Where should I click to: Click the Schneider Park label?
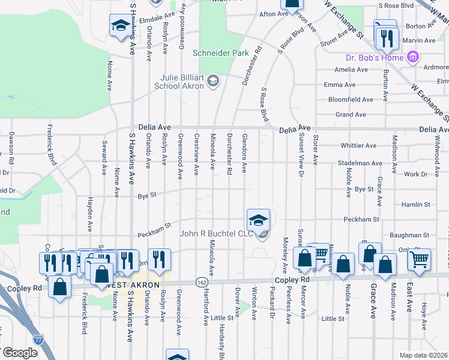[220, 53]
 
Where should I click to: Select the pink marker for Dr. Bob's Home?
[412, 58]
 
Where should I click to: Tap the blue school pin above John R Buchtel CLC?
[258, 220]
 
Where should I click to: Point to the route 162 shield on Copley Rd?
[202, 281]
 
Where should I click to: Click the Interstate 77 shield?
[38, 339]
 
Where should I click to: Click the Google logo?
[19, 353]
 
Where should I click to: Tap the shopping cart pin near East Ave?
[419, 259]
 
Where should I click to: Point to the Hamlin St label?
[416, 205]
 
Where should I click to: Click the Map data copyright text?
[424, 355]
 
